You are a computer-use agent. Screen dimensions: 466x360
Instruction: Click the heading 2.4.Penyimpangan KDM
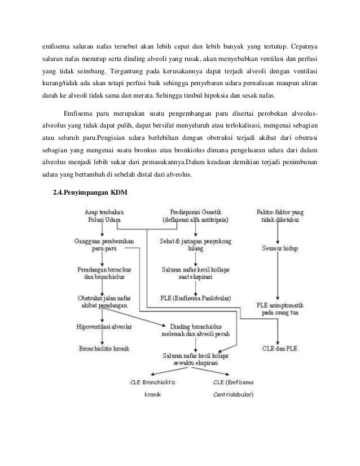point(90,194)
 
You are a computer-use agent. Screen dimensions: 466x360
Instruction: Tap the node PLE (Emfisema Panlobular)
point(195,299)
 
